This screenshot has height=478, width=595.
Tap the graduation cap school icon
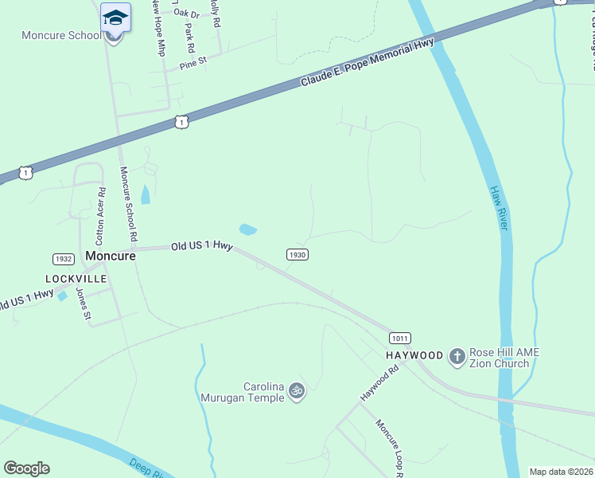[x=115, y=18]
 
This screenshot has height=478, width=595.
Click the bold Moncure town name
[x=107, y=257]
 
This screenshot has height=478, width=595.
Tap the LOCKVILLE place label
[x=76, y=279]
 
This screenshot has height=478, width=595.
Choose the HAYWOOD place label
[x=414, y=355]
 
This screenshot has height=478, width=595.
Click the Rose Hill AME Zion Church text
[x=500, y=358]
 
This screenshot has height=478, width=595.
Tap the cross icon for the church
[x=457, y=357]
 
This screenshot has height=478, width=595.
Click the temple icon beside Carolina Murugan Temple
[x=297, y=390]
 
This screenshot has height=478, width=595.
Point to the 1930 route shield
[x=297, y=254]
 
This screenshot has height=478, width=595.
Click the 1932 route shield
[x=63, y=259]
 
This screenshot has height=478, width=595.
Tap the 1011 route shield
[x=400, y=338]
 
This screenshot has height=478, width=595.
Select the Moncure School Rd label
[x=127, y=205]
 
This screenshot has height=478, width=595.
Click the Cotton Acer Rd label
[x=100, y=215]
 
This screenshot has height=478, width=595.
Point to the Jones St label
[x=82, y=303]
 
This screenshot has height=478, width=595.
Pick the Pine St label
[x=192, y=61]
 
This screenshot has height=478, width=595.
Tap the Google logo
[x=26, y=468]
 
